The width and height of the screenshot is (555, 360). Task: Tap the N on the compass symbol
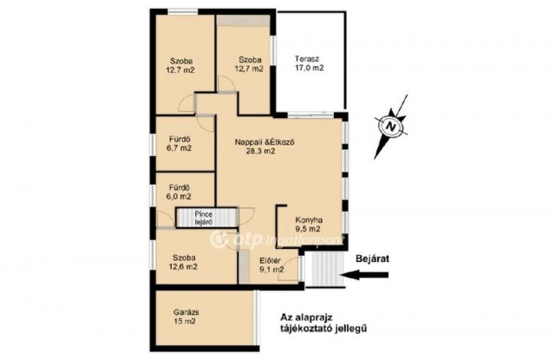click(x=390, y=126)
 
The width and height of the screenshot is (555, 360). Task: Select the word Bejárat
click(x=372, y=259)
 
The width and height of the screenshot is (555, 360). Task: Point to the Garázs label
click(x=186, y=312)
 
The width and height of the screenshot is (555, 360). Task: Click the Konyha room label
click(x=309, y=219)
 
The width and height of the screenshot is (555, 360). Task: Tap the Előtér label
click(x=270, y=260)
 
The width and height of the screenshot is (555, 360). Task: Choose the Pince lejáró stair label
click(x=204, y=218)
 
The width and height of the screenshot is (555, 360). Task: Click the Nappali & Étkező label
click(x=264, y=142)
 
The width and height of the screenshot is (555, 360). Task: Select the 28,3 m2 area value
click(x=261, y=152)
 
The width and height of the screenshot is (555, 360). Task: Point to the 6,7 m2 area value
click(x=179, y=148)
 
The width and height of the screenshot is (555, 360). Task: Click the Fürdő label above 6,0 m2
click(x=180, y=187)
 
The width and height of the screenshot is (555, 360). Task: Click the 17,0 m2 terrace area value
click(x=310, y=68)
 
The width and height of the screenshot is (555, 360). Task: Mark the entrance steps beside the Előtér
click(x=324, y=269)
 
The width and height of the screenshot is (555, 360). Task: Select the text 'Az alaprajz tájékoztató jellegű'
click(x=323, y=322)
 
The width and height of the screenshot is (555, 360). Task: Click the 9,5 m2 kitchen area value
click(x=308, y=229)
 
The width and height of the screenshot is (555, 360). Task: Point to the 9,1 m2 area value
click(x=271, y=270)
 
